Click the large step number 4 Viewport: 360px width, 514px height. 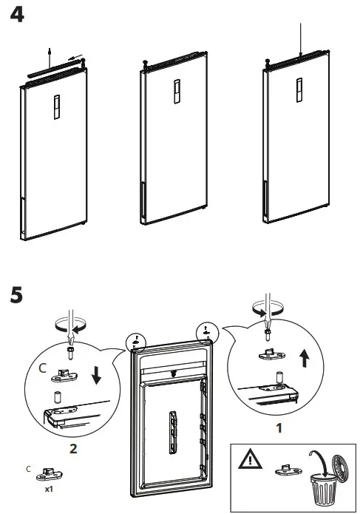[x=17, y=15]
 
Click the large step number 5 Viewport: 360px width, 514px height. [x=16, y=294]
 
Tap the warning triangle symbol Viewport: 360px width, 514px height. [x=250, y=459]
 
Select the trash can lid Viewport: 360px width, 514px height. [x=341, y=467]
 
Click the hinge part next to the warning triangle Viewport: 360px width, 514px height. [x=288, y=470]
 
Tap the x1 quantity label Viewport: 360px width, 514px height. [x=49, y=489]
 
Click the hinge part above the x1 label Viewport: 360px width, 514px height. [x=49, y=473]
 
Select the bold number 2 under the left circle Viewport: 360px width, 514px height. [x=73, y=448]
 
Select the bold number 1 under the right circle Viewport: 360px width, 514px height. [x=279, y=427]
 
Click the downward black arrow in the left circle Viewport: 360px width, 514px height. [x=96, y=375]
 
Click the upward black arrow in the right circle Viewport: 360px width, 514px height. [x=305, y=358]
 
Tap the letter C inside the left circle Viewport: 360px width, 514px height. [x=43, y=368]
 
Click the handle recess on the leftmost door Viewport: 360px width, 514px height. [x=57, y=106]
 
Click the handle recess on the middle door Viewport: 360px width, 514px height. [x=177, y=92]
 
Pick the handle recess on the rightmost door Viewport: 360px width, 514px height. [x=299, y=90]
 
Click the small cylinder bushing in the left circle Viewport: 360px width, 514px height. [x=58, y=396]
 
